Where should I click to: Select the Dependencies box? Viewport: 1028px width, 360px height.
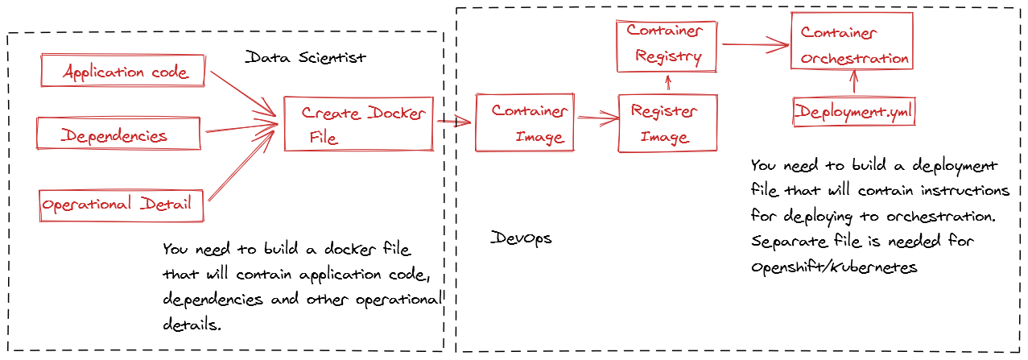pyautogui.click(x=118, y=134)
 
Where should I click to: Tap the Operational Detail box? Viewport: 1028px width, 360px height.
pyautogui.click(x=121, y=205)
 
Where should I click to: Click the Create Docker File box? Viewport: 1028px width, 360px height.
pyautogui.click(x=359, y=124)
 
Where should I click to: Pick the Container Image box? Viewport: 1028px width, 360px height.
pyautogui.click(x=525, y=123)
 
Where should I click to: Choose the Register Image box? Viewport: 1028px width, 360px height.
pyautogui.click(x=667, y=123)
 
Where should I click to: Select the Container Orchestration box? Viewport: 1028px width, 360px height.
pyautogui.click(x=853, y=44)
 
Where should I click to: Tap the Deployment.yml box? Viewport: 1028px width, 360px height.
pyautogui.click(x=854, y=112)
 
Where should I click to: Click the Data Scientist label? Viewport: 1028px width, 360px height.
pyautogui.click(x=305, y=58)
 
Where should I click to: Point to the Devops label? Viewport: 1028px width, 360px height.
pyautogui.click(x=522, y=239)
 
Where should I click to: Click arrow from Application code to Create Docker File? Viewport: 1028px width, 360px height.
pyautogui.click(x=243, y=93)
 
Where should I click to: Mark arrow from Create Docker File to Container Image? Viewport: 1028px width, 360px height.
pyautogui.click(x=455, y=122)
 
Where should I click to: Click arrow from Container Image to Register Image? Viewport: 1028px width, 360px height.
pyautogui.click(x=596, y=119)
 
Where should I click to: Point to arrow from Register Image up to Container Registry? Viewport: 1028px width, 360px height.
pyautogui.click(x=667, y=83)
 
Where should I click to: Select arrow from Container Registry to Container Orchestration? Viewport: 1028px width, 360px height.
pyautogui.click(x=755, y=46)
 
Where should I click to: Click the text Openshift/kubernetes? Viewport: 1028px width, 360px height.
pyautogui.click(x=834, y=267)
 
